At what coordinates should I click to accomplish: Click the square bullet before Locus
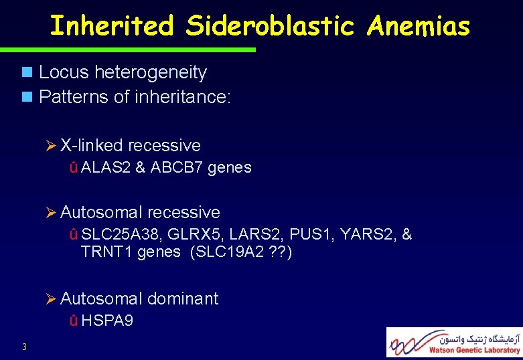pyautogui.click(x=27, y=72)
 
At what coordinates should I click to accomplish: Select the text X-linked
pyautogui.click(x=91, y=146)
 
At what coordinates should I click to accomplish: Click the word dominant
pyautogui.click(x=183, y=298)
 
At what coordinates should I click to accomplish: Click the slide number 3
pyautogui.click(x=24, y=346)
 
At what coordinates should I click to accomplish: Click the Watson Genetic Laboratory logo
pyautogui.click(x=454, y=342)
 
